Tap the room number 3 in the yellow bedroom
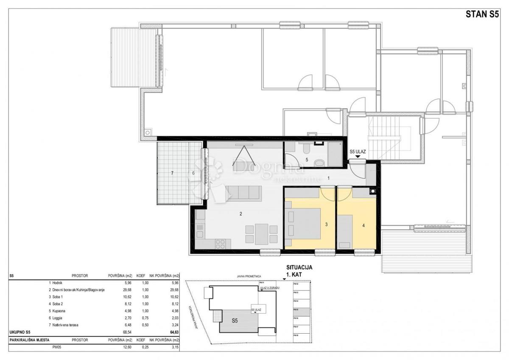click(326, 225)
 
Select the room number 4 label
click(363, 225)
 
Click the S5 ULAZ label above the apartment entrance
click(358, 151)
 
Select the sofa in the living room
click(244, 193)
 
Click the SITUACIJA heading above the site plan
click(297, 268)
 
